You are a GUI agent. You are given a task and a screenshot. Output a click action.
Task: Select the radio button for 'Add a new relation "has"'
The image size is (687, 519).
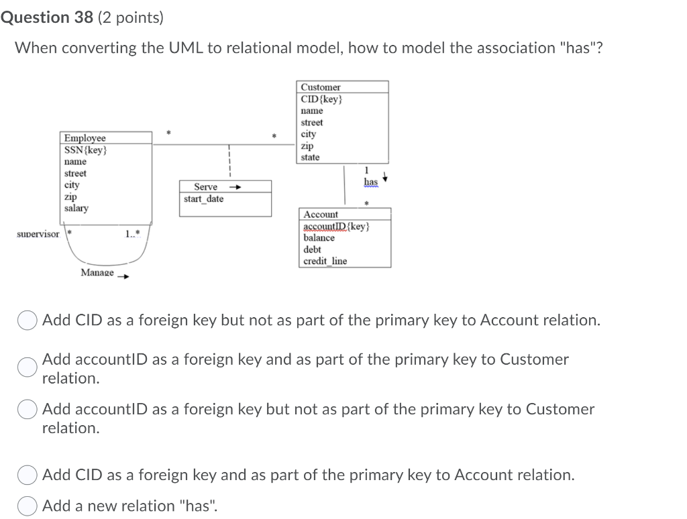[28, 506]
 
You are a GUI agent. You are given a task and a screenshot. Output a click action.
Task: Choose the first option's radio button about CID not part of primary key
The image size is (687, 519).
[28, 321]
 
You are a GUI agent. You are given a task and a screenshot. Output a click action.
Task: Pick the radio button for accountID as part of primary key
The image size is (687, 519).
[28, 366]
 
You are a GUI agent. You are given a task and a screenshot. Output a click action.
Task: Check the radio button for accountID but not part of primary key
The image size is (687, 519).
[28, 410]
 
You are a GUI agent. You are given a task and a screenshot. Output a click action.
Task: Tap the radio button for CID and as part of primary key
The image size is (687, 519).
[28, 475]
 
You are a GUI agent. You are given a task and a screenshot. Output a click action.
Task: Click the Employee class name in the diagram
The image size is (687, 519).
[85, 138]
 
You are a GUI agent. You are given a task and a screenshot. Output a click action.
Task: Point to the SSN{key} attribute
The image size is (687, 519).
[85, 150]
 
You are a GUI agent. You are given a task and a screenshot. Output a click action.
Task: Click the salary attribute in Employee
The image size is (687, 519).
[76, 208]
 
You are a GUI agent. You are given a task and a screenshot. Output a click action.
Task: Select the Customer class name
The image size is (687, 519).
[320, 87]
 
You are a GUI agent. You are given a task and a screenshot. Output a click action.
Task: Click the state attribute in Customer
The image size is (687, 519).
[310, 157]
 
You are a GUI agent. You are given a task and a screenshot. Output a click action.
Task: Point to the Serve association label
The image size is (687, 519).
[205, 187]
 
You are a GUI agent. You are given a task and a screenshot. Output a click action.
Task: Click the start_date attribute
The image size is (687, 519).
[204, 199]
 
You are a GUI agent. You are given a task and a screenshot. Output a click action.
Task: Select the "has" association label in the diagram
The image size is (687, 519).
[370, 182]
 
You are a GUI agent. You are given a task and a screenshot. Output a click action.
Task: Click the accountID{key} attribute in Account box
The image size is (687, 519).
[336, 227]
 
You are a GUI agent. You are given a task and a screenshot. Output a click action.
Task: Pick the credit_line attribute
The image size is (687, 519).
[325, 261]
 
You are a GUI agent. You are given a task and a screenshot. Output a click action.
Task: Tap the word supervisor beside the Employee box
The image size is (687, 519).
[38, 234]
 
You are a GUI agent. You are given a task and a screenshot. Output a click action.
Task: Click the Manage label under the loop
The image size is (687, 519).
[97, 272]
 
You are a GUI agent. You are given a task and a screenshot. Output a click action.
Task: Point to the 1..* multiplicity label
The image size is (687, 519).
[132, 234]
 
